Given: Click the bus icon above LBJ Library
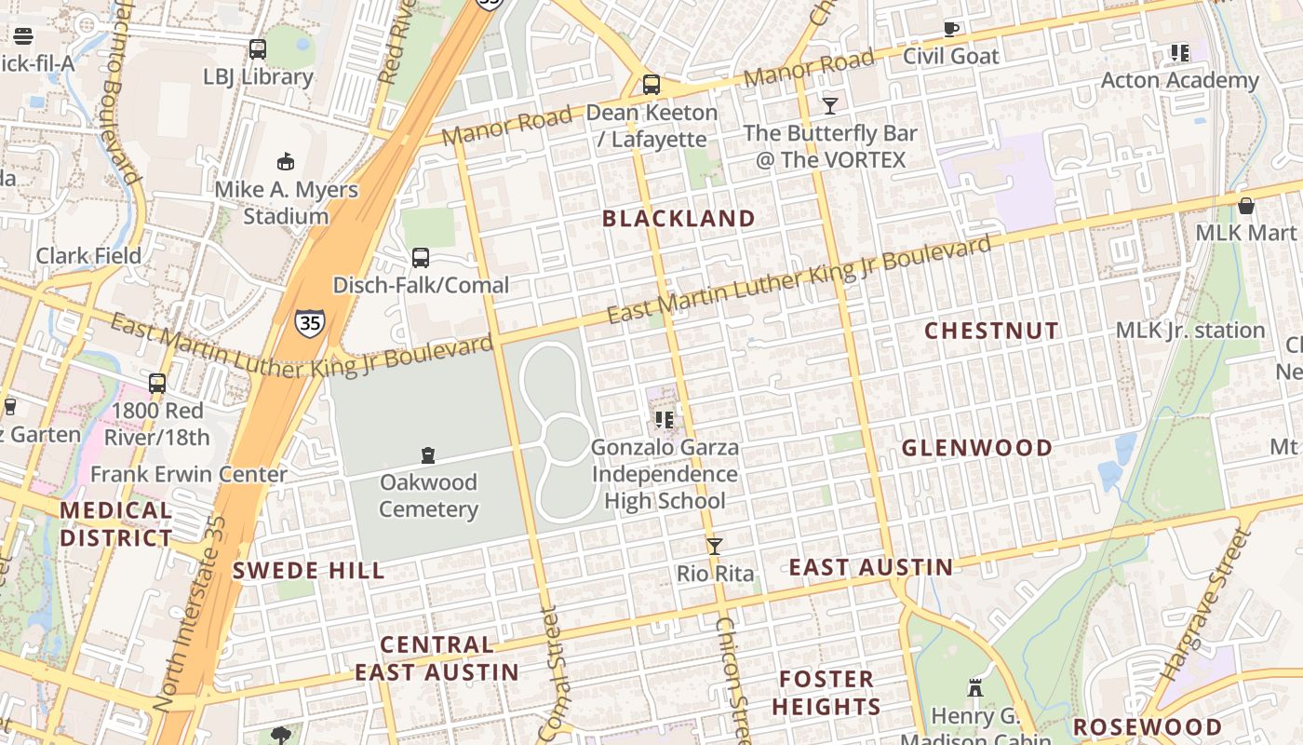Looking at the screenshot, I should tap(258, 49).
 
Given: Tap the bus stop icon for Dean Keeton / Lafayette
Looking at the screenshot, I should tap(651, 85).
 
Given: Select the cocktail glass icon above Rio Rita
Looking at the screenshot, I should tap(714, 547).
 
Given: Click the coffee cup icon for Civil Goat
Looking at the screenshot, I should tap(951, 29).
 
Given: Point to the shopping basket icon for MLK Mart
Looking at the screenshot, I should tap(1245, 205).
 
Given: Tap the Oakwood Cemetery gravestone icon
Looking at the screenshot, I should tap(428, 455).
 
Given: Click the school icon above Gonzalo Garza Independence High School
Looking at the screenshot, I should tap(664, 420).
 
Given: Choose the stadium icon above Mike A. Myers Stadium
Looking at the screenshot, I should tap(286, 162).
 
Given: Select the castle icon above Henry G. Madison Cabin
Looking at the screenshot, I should tap(975, 689).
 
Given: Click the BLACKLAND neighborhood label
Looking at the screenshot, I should tap(678, 219).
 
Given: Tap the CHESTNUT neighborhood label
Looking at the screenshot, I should tap(991, 331).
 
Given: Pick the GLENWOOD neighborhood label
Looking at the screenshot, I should tap(977, 448).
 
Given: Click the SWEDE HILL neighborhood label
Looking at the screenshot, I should tap(308, 571).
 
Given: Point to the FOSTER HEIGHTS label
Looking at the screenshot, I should tap(826, 693).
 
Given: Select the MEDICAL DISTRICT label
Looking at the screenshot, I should tap(116, 524).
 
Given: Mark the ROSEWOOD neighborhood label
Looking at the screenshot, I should tap(1148, 727).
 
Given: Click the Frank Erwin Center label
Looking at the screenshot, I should tap(189, 474).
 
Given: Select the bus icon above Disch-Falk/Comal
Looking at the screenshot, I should tap(421, 258).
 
